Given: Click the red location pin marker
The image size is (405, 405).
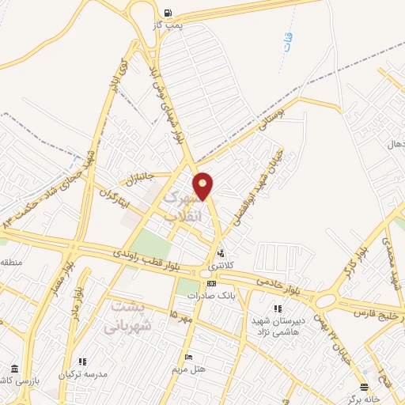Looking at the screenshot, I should [x=203, y=185].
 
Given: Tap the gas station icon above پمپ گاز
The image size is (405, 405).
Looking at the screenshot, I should [x=168, y=13].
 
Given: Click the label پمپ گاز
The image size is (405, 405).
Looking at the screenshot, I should [x=168, y=25].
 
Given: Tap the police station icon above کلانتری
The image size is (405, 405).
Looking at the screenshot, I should [x=219, y=253].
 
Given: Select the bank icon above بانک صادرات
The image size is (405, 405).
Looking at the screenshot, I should [x=210, y=282].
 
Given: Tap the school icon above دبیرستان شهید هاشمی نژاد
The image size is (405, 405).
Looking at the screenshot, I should [x=277, y=308].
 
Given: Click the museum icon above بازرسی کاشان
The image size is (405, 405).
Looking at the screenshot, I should [x=13, y=369].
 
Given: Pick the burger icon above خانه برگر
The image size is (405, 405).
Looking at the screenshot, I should [x=363, y=387].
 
